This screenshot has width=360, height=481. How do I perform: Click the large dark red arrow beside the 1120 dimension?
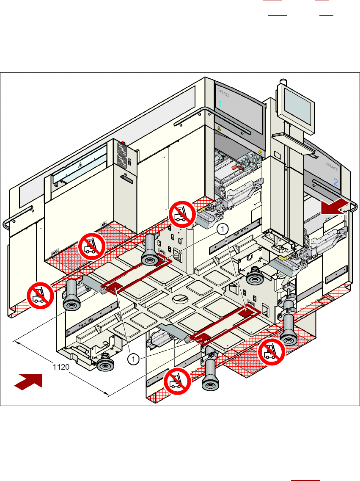[29, 380]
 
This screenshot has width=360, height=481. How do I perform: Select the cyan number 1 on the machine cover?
[220, 104]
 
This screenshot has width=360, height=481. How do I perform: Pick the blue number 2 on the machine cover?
[336, 183]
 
